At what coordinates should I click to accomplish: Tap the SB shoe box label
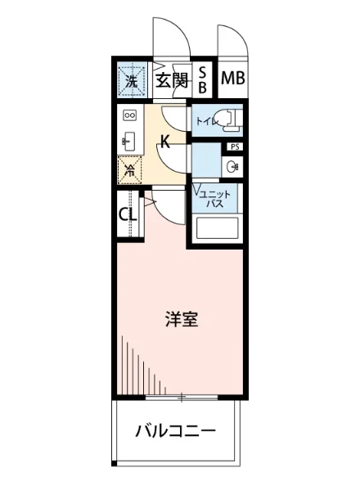(204, 80)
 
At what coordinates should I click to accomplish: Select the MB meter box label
(232, 79)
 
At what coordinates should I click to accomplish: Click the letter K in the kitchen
(164, 142)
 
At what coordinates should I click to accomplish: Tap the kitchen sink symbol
(128, 141)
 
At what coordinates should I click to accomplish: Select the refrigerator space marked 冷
(129, 169)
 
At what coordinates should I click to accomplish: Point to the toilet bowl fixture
(230, 119)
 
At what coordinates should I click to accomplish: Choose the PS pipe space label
(234, 147)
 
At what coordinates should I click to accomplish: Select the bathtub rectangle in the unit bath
(216, 227)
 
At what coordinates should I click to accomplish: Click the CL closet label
(127, 215)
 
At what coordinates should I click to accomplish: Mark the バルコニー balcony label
(175, 431)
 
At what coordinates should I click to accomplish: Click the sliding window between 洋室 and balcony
(182, 397)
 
